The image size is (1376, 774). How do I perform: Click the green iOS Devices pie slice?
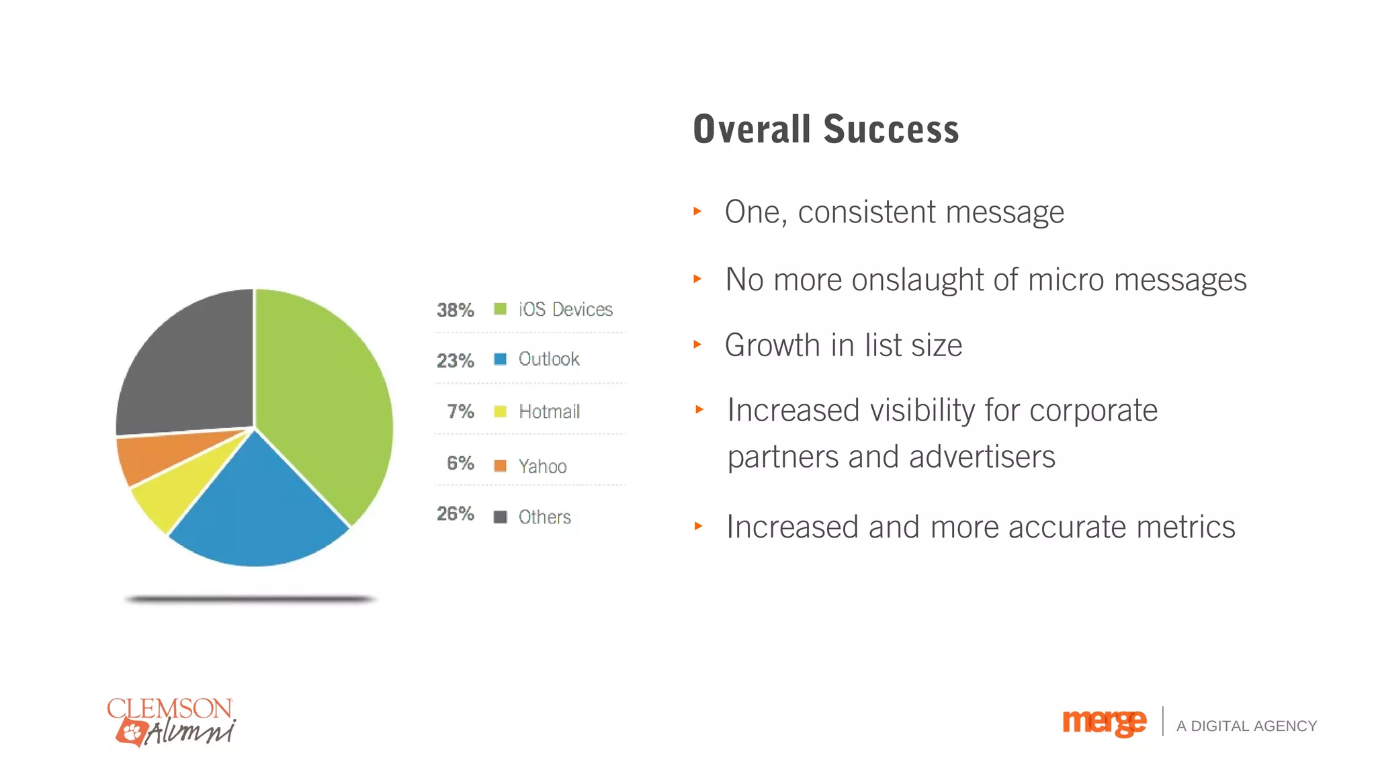click(x=322, y=390)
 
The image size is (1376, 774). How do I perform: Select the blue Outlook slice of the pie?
click(x=259, y=511)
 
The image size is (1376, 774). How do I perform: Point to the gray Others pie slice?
click(x=188, y=370)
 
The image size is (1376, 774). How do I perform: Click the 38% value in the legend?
click(x=455, y=310)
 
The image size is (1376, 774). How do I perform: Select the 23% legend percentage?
click(x=455, y=361)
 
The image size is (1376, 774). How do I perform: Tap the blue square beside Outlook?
click(x=500, y=359)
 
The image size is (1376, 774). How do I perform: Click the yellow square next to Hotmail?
click(x=500, y=411)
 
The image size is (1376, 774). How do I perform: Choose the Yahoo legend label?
click(x=542, y=466)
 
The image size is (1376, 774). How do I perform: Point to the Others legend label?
click(x=544, y=517)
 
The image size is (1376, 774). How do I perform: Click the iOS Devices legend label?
click(x=565, y=309)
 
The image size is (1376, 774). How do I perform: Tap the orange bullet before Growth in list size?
click(x=697, y=345)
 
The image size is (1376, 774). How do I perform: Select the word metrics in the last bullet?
click(x=1186, y=527)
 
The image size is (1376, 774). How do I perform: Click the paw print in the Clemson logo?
click(x=132, y=731)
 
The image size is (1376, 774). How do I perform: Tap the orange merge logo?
click(x=1104, y=723)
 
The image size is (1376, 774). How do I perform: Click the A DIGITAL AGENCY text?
click(x=1246, y=726)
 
